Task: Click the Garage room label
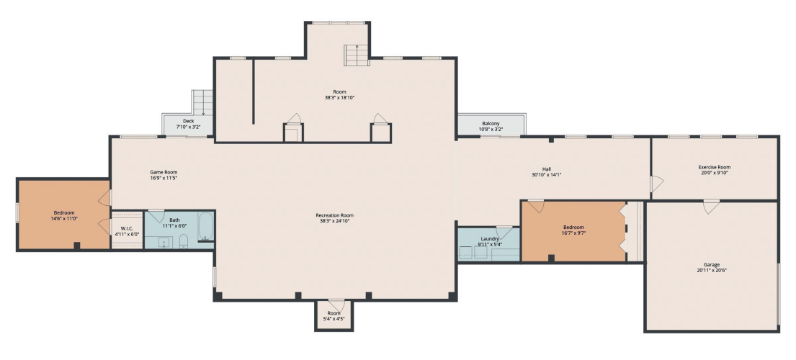pos(711,265)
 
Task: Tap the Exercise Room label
pos(715,167)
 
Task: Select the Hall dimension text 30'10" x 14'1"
pos(546,175)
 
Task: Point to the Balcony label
pos(491,123)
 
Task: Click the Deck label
pos(188,121)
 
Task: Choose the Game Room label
pos(164,172)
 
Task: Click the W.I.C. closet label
pos(127,229)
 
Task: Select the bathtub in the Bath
pos(205,226)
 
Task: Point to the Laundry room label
pos(489,239)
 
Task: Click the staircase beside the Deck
pos(202,103)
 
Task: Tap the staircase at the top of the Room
pos(357,55)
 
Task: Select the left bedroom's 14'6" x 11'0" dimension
pos(64,219)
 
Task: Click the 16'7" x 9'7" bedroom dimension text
pos(573,233)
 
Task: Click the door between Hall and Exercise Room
pos(656,184)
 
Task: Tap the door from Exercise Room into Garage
pos(711,206)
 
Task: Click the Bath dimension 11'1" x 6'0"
pos(174,225)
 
